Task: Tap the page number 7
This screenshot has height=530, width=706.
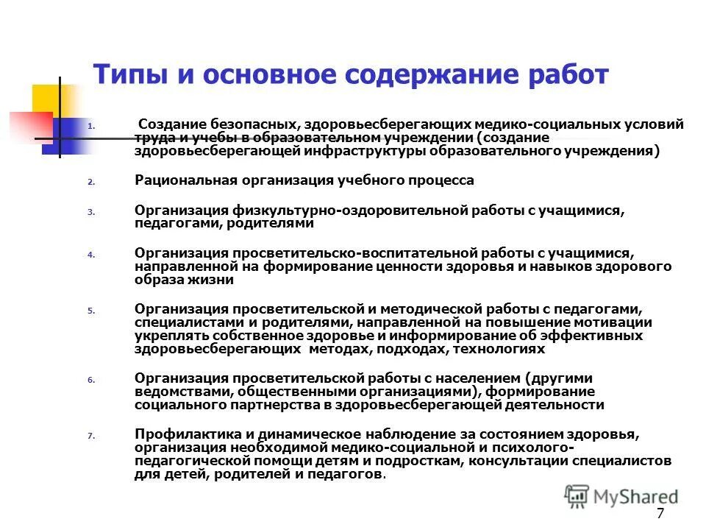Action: coord(660,514)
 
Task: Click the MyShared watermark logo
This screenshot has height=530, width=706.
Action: coord(622,497)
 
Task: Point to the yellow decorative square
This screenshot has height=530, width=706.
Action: coord(51,99)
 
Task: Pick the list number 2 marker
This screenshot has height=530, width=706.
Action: coord(90,181)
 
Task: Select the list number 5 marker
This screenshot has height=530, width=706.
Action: coord(90,311)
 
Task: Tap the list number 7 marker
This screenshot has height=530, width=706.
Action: coord(90,436)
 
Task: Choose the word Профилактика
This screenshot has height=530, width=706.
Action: coord(180,435)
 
